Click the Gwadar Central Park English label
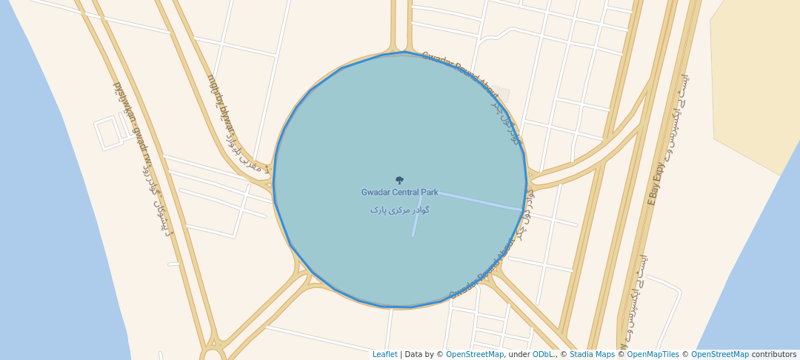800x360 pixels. pos(399,193)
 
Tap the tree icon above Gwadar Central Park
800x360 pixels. pos(399,180)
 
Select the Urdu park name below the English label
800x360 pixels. pos(400,210)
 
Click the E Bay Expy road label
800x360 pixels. pos(655,184)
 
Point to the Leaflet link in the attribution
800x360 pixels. pos(384,355)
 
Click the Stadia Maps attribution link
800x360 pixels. pos(592,355)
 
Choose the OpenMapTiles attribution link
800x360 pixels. pos(653,355)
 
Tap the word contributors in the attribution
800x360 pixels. pos(774,355)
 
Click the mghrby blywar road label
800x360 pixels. pos(220,104)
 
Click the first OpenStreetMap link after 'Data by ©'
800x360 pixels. pos(475,355)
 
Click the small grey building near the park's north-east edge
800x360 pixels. pos(503,94)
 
